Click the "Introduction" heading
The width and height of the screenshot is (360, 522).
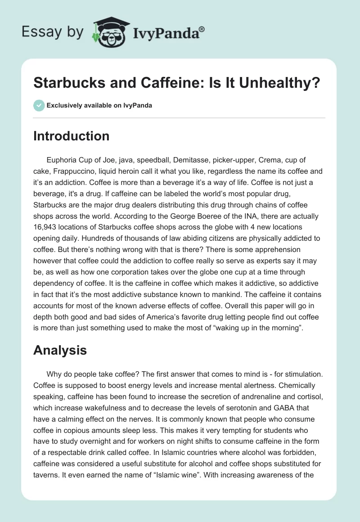click(x=71, y=136)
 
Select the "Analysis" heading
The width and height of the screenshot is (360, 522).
click(x=60, y=351)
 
